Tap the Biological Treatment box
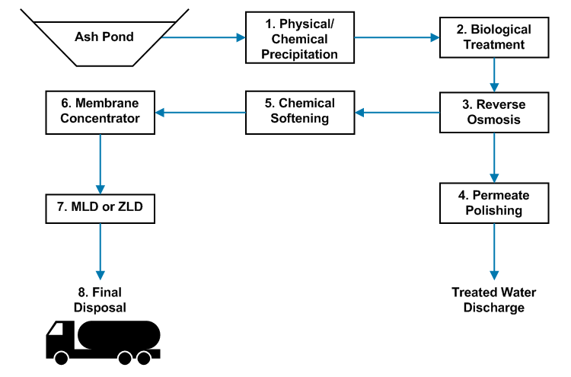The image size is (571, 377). click(x=494, y=37)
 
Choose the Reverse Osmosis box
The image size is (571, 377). click(x=494, y=113)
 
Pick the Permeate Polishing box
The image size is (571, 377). click(x=494, y=203)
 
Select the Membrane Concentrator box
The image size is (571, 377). click(x=100, y=113)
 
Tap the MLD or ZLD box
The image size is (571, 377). click(x=100, y=207)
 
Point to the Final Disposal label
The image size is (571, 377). click(x=100, y=299)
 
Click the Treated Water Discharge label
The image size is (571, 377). click(x=494, y=300)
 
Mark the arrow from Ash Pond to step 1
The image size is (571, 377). click(x=203, y=37)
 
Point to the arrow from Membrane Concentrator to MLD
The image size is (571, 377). click(x=100, y=161)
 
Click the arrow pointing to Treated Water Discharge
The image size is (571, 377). click(x=494, y=251)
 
